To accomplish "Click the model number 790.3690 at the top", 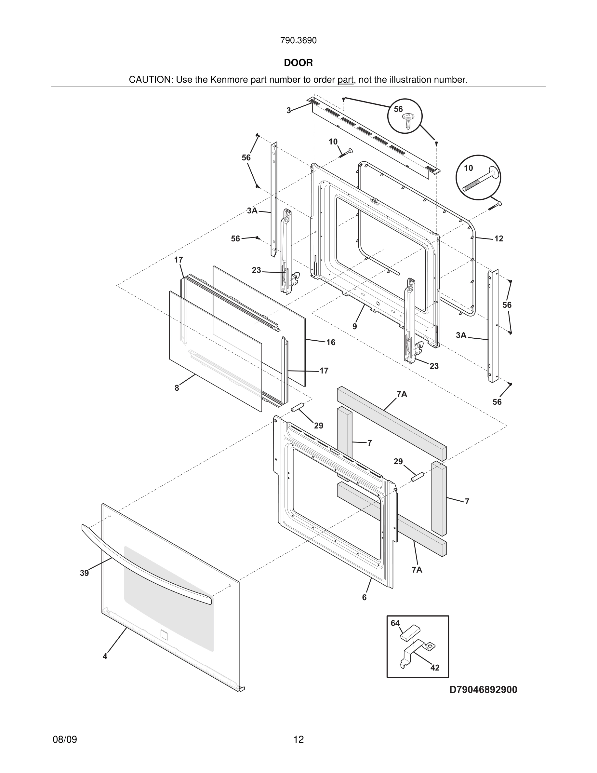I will pyautogui.click(x=298, y=41).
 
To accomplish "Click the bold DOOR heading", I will pyautogui.click(x=298, y=63).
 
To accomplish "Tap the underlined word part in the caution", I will pyautogui.click(x=345, y=80).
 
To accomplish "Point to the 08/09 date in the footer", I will pyautogui.click(x=65, y=739).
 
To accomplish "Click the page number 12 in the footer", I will pyautogui.click(x=298, y=739).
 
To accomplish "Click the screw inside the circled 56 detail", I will pyautogui.click(x=408, y=120).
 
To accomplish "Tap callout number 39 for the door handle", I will pyautogui.click(x=84, y=573).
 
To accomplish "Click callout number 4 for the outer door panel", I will pyautogui.click(x=105, y=656).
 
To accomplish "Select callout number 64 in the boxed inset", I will pyautogui.click(x=395, y=623).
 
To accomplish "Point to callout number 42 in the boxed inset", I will pyautogui.click(x=435, y=668).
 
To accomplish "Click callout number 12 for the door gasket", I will pyautogui.click(x=499, y=239).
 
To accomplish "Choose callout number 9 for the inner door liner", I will pyautogui.click(x=355, y=326).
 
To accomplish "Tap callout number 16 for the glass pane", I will pyautogui.click(x=331, y=342).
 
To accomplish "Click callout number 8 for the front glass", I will pyautogui.click(x=177, y=388).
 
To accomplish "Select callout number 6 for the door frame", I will pyautogui.click(x=364, y=598).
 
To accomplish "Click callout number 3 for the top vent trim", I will pyautogui.click(x=289, y=110).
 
